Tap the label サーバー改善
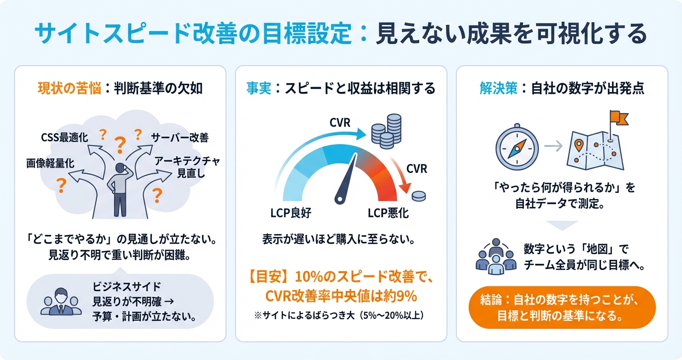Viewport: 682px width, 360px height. point(180,138)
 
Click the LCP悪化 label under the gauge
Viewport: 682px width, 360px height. point(388,213)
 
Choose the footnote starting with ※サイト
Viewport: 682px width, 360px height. point(341,315)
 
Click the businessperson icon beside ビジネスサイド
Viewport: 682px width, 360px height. point(61,302)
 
